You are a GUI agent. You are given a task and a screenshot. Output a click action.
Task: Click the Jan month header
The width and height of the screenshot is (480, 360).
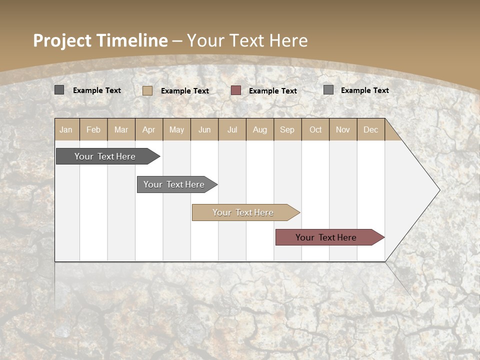pyautogui.click(x=66, y=129)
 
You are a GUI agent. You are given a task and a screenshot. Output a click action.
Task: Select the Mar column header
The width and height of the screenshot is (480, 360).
pyautogui.click(x=121, y=129)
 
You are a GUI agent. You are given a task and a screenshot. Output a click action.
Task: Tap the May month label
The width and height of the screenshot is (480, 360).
pyautogui.click(x=176, y=129)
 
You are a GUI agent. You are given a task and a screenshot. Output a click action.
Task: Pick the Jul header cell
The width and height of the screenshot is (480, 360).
pyautogui.click(x=232, y=129)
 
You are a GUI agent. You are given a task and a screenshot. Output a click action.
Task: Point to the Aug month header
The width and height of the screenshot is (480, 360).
pyautogui.click(x=259, y=129)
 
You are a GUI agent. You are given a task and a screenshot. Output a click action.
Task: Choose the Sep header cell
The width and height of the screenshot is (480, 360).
pyautogui.click(x=287, y=129)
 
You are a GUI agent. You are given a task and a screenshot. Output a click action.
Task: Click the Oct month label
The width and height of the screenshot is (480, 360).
pyautogui.click(x=315, y=129)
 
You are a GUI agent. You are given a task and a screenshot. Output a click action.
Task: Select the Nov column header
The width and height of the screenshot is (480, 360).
pyautogui.click(x=343, y=129)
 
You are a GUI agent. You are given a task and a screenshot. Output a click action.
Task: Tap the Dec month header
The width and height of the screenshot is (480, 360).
pyautogui.click(x=370, y=129)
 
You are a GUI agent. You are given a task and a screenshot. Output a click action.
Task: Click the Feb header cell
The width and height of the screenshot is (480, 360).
pyautogui.click(x=93, y=129)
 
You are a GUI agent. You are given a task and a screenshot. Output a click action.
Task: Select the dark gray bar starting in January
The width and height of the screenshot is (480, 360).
pyautogui.click(x=105, y=156)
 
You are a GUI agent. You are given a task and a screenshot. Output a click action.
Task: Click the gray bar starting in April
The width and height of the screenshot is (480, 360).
pyautogui.click(x=174, y=184)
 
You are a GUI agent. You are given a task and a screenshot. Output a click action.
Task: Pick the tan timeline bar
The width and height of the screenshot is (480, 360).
pyautogui.click(x=243, y=212)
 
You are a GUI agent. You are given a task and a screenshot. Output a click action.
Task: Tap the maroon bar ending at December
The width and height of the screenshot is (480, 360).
pyautogui.click(x=326, y=237)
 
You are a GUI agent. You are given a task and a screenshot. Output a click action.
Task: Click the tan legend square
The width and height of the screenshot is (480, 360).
pyautogui.click(x=147, y=90)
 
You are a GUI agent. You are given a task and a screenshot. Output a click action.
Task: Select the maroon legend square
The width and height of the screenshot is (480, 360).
pyautogui.click(x=236, y=90)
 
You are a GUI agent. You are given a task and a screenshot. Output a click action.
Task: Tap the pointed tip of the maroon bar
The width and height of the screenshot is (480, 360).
pyautogui.click(x=383, y=237)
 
